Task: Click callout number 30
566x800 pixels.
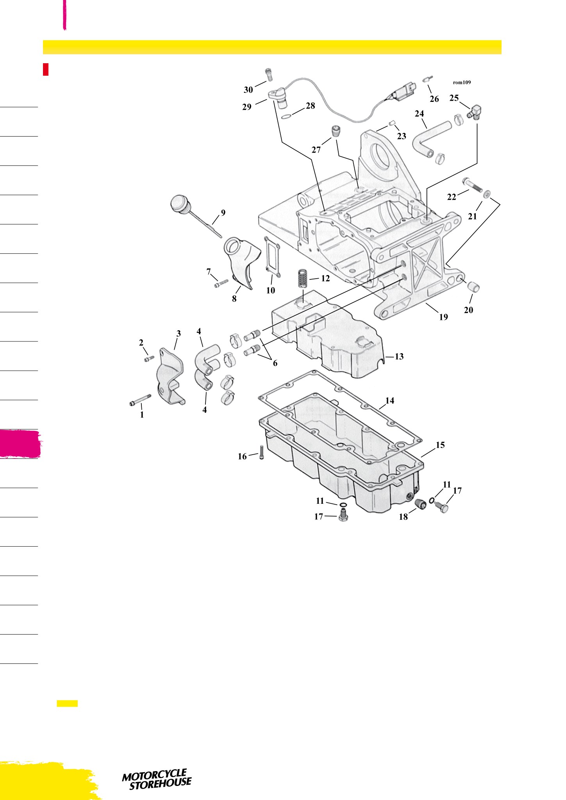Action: pyautogui.click(x=248, y=90)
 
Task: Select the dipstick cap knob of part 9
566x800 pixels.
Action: pyautogui.click(x=180, y=205)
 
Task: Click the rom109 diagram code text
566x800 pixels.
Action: pyautogui.click(x=462, y=82)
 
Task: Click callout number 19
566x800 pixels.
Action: pyautogui.click(x=443, y=317)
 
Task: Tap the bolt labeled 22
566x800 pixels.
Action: pyautogui.click(x=471, y=185)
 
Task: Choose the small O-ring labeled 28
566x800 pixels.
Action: pyautogui.click(x=286, y=116)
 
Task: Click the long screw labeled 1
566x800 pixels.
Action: pyautogui.click(x=140, y=400)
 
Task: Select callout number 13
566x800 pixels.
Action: pyautogui.click(x=399, y=356)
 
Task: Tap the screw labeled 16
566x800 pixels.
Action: pyautogui.click(x=261, y=453)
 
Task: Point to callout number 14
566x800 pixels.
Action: pyautogui.click(x=389, y=400)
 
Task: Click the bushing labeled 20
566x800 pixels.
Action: pyautogui.click(x=473, y=287)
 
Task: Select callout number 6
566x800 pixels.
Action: pyautogui.click(x=275, y=363)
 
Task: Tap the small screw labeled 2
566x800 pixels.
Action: pyautogui.click(x=149, y=358)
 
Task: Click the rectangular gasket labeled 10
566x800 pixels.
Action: pyautogui.click(x=272, y=258)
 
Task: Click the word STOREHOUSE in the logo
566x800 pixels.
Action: pyautogui.click(x=161, y=784)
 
